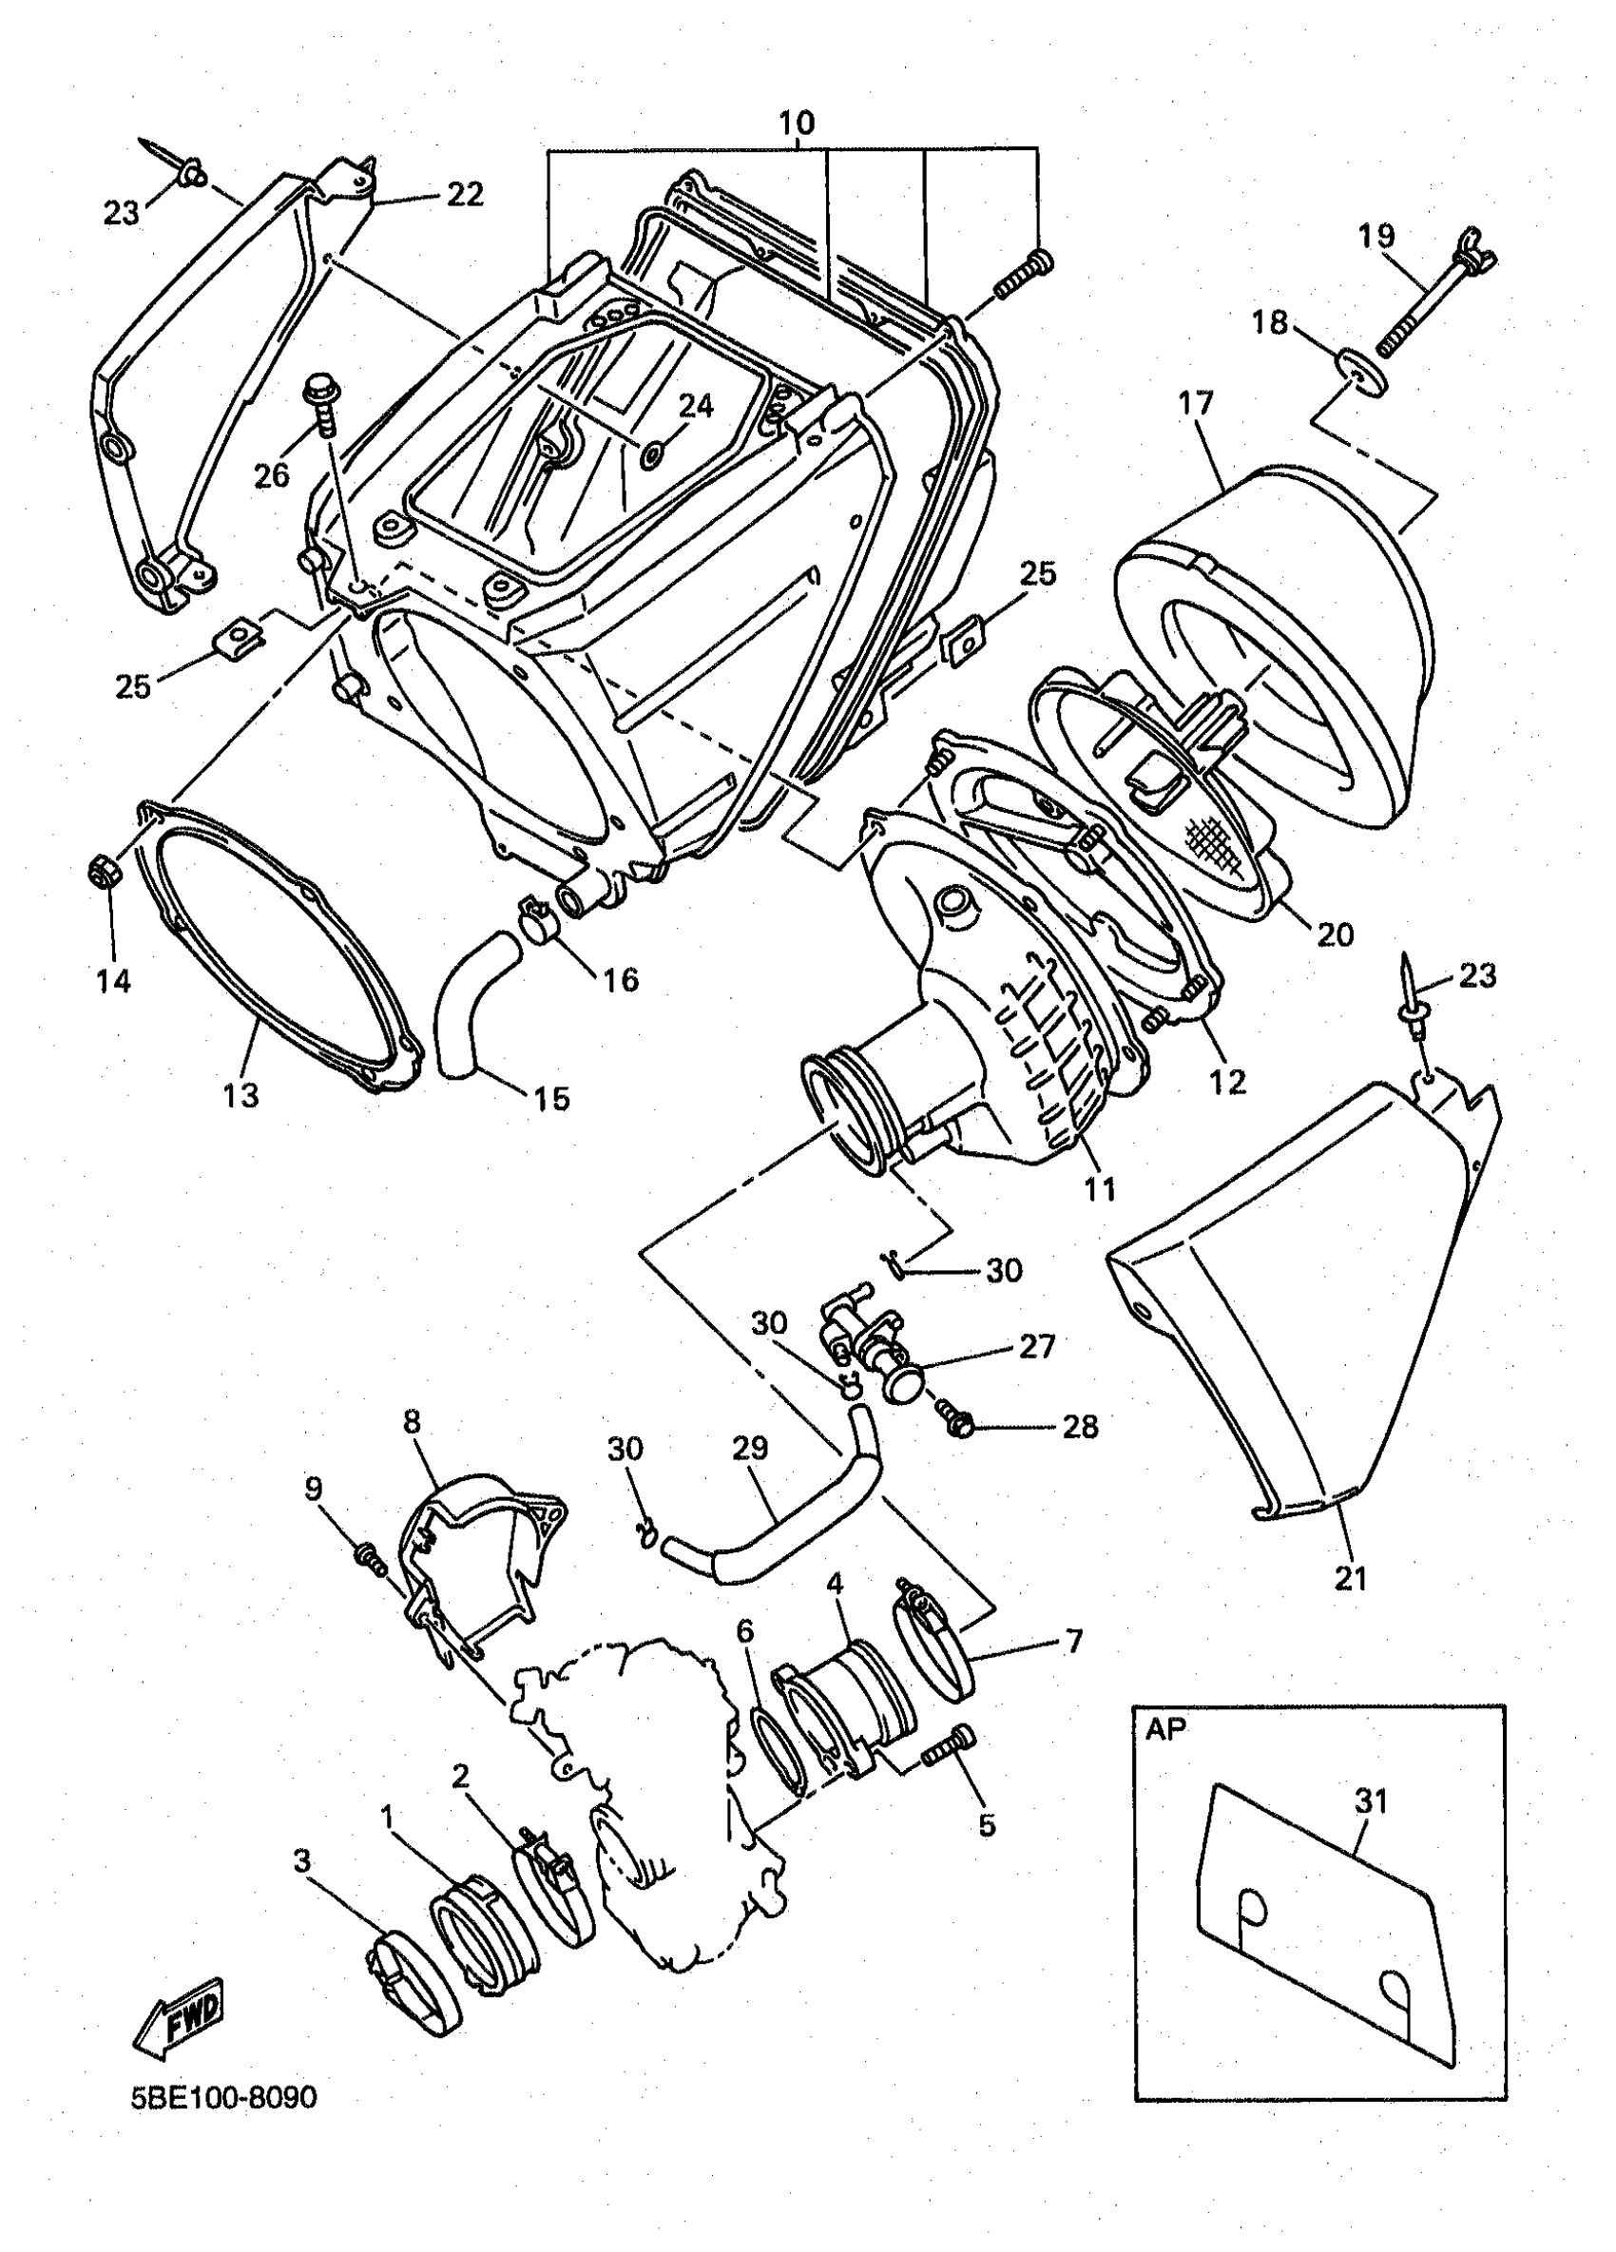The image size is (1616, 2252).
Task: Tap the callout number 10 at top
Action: (795, 125)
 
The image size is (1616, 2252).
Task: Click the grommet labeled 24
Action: (652, 454)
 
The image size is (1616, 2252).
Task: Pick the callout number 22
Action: (465, 194)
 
